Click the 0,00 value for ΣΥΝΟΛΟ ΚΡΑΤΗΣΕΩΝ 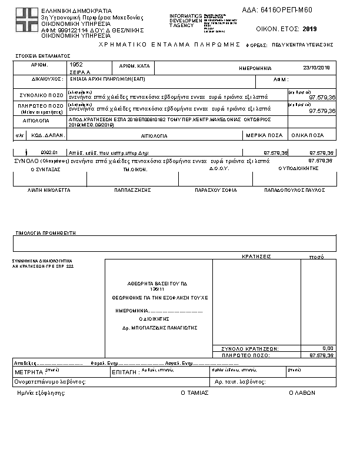tap(328, 348)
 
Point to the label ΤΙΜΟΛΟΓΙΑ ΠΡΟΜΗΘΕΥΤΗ tap(45, 233)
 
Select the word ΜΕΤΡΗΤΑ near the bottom tap(28, 372)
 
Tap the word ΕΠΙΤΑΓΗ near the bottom tap(124, 372)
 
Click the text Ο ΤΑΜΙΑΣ tap(194, 392)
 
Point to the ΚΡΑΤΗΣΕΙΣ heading tap(256, 257)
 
